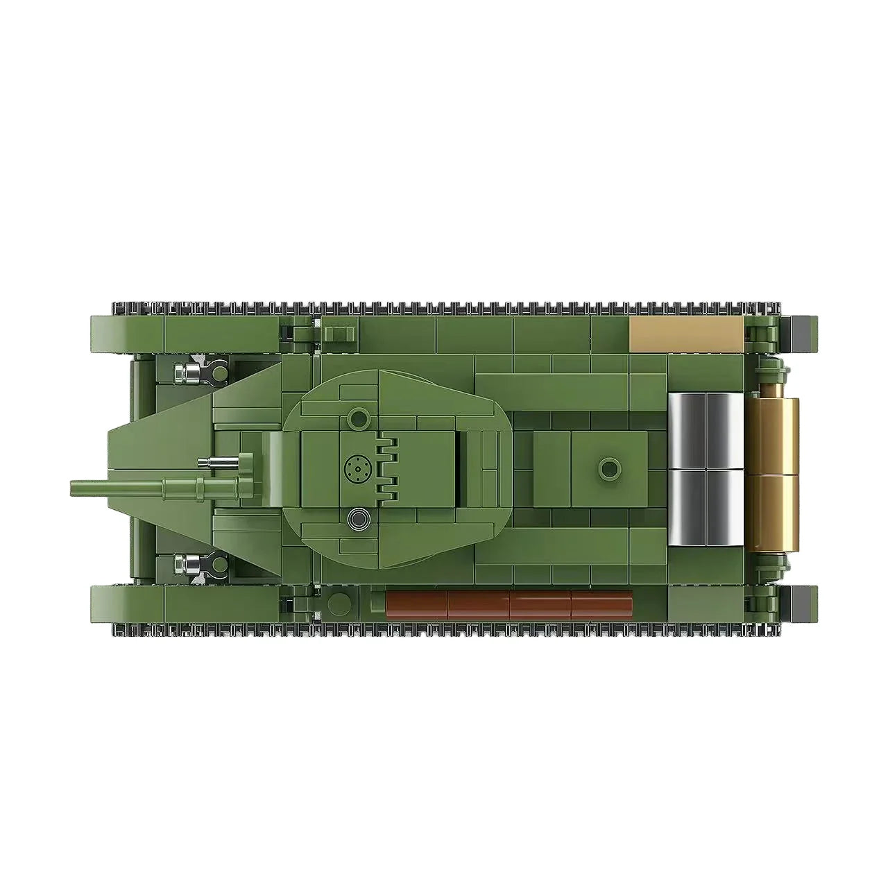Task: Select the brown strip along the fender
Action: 509,605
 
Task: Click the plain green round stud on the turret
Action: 359,418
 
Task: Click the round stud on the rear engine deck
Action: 610,469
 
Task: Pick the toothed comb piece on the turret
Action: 387,470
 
